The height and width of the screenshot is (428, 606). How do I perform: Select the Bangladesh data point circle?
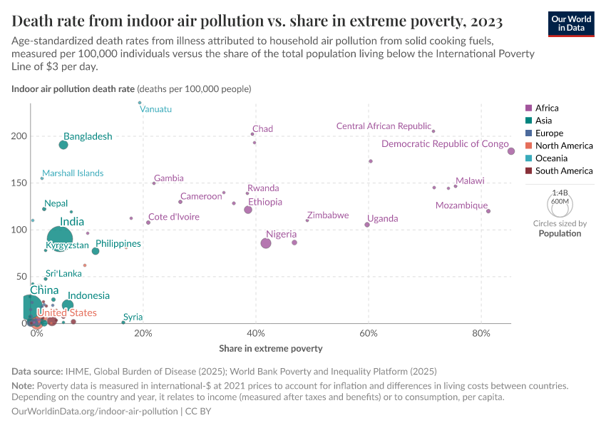(x=63, y=145)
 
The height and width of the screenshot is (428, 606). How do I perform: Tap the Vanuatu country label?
(x=155, y=109)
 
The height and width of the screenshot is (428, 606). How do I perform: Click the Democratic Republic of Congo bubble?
(x=511, y=151)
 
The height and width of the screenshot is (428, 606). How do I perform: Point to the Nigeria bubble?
(x=266, y=243)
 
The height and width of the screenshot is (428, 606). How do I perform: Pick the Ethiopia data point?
(x=248, y=210)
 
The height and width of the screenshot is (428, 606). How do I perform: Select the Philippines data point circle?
(x=96, y=251)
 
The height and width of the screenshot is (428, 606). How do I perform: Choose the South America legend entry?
(x=563, y=171)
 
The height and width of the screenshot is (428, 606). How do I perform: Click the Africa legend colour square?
(x=528, y=108)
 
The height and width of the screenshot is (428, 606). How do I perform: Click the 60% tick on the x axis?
(x=369, y=333)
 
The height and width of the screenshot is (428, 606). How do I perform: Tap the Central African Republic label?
(x=384, y=126)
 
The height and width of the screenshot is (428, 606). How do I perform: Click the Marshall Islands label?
(x=72, y=173)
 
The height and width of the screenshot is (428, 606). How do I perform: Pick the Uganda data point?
(x=367, y=225)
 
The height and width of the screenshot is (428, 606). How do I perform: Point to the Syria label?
(x=133, y=317)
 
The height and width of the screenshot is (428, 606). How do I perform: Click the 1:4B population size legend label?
(x=560, y=193)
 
